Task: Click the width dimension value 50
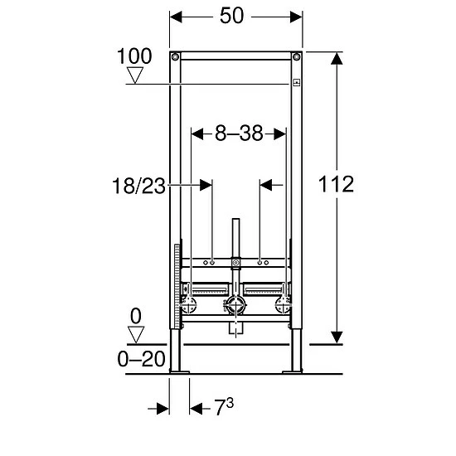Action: pos(232,16)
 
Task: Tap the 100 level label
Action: pos(134,56)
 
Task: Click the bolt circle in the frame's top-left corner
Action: pos(174,57)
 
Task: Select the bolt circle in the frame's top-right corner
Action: pos(294,57)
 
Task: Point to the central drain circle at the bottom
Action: pos(235,308)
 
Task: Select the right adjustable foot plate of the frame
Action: pos(293,371)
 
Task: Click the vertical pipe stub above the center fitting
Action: pos(235,240)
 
